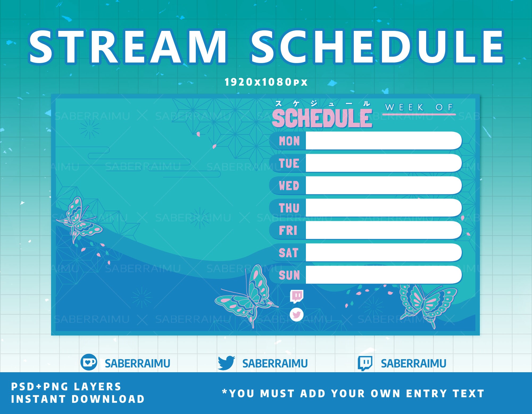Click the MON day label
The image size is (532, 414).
tap(289, 141)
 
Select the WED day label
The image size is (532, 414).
tap(289, 186)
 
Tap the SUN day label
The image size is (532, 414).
tap(289, 275)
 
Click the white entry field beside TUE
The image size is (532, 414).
tap(383, 163)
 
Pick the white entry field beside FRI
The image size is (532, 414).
tap(383, 230)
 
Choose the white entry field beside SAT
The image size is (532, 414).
tap(383, 252)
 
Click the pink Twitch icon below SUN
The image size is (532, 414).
tap(297, 296)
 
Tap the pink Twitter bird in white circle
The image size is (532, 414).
tap(297, 315)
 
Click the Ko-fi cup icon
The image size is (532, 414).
tap(89, 362)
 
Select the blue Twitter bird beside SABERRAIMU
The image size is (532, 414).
tap(226, 363)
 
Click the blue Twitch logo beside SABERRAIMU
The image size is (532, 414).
tap(365, 363)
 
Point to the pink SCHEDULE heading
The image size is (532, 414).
tap(322, 118)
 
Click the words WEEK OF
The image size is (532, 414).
tap(419, 107)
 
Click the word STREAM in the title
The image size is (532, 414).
tap(128, 47)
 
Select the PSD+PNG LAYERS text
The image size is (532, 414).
tap(66, 387)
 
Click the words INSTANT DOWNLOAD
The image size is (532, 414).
tap(78, 399)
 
